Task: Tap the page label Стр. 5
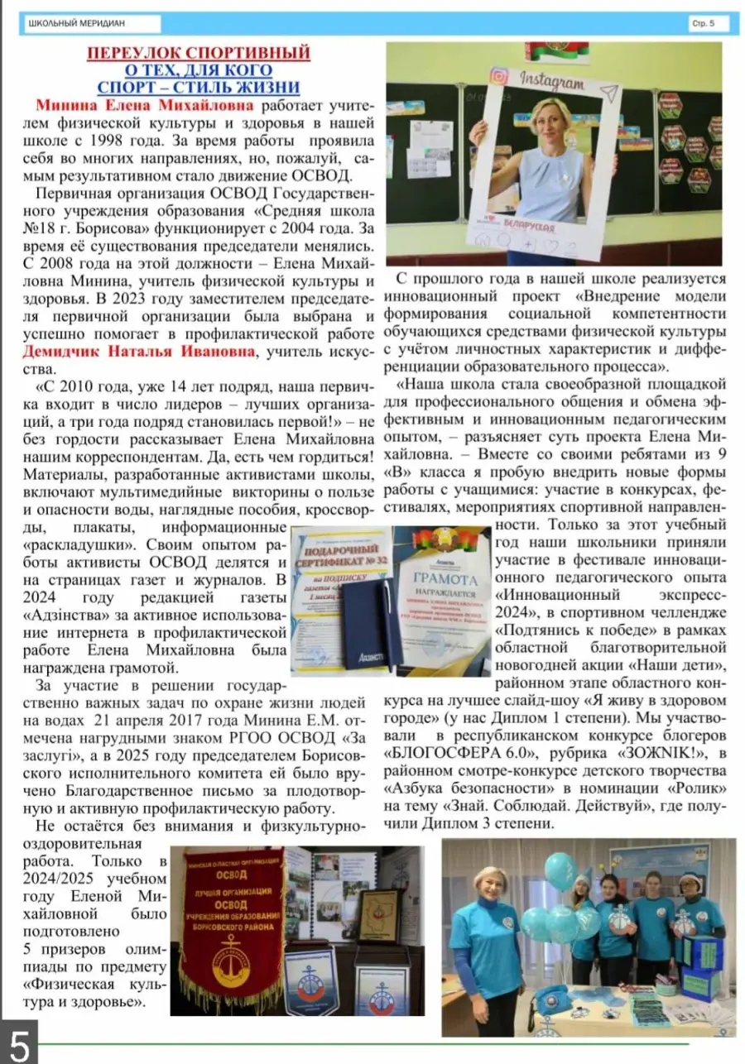(x=703, y=24)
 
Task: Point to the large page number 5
(x=18, y=1044)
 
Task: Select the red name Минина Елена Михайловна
(x=147, y=106)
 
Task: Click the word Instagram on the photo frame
(x=552, y=83)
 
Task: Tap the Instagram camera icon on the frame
(x=498, y=76)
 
